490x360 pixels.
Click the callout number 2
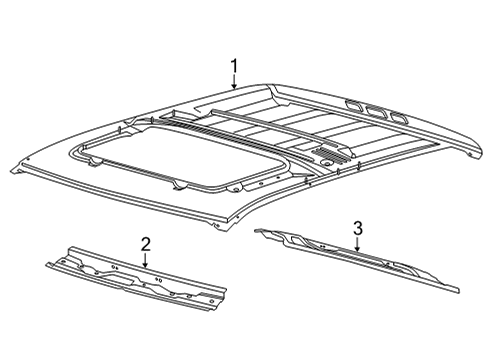[x=146, y=243]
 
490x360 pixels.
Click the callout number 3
[x=357, y=227]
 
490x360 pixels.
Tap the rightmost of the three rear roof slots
[x=399, y=119]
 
